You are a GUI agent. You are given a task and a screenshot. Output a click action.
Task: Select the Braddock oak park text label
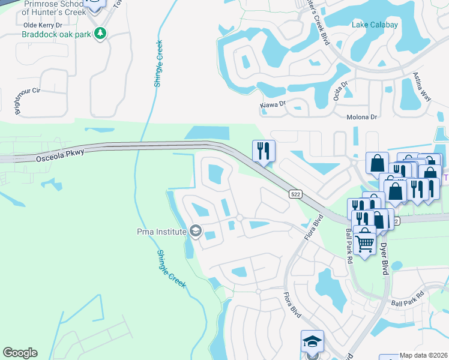click(x=56, y=34)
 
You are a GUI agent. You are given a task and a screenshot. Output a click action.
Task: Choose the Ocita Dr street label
click(x=337, y=92)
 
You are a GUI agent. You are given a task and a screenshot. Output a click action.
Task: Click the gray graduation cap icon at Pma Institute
click(x=195, y=230)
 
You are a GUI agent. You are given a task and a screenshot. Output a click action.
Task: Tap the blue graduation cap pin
click(x=312, y=341)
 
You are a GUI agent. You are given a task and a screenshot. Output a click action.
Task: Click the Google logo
click(x=20, y=353)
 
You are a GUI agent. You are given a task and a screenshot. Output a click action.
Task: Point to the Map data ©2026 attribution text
click(x=424, y=355)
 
